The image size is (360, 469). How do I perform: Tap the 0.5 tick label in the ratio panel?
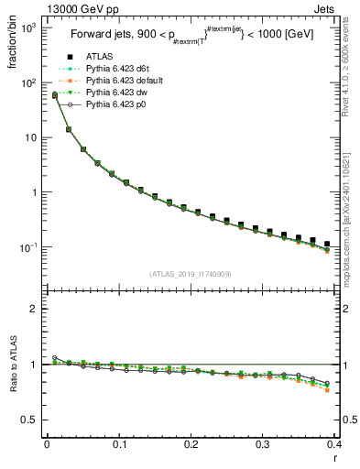coord(27,420)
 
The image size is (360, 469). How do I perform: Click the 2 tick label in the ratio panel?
coord(32,309)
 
